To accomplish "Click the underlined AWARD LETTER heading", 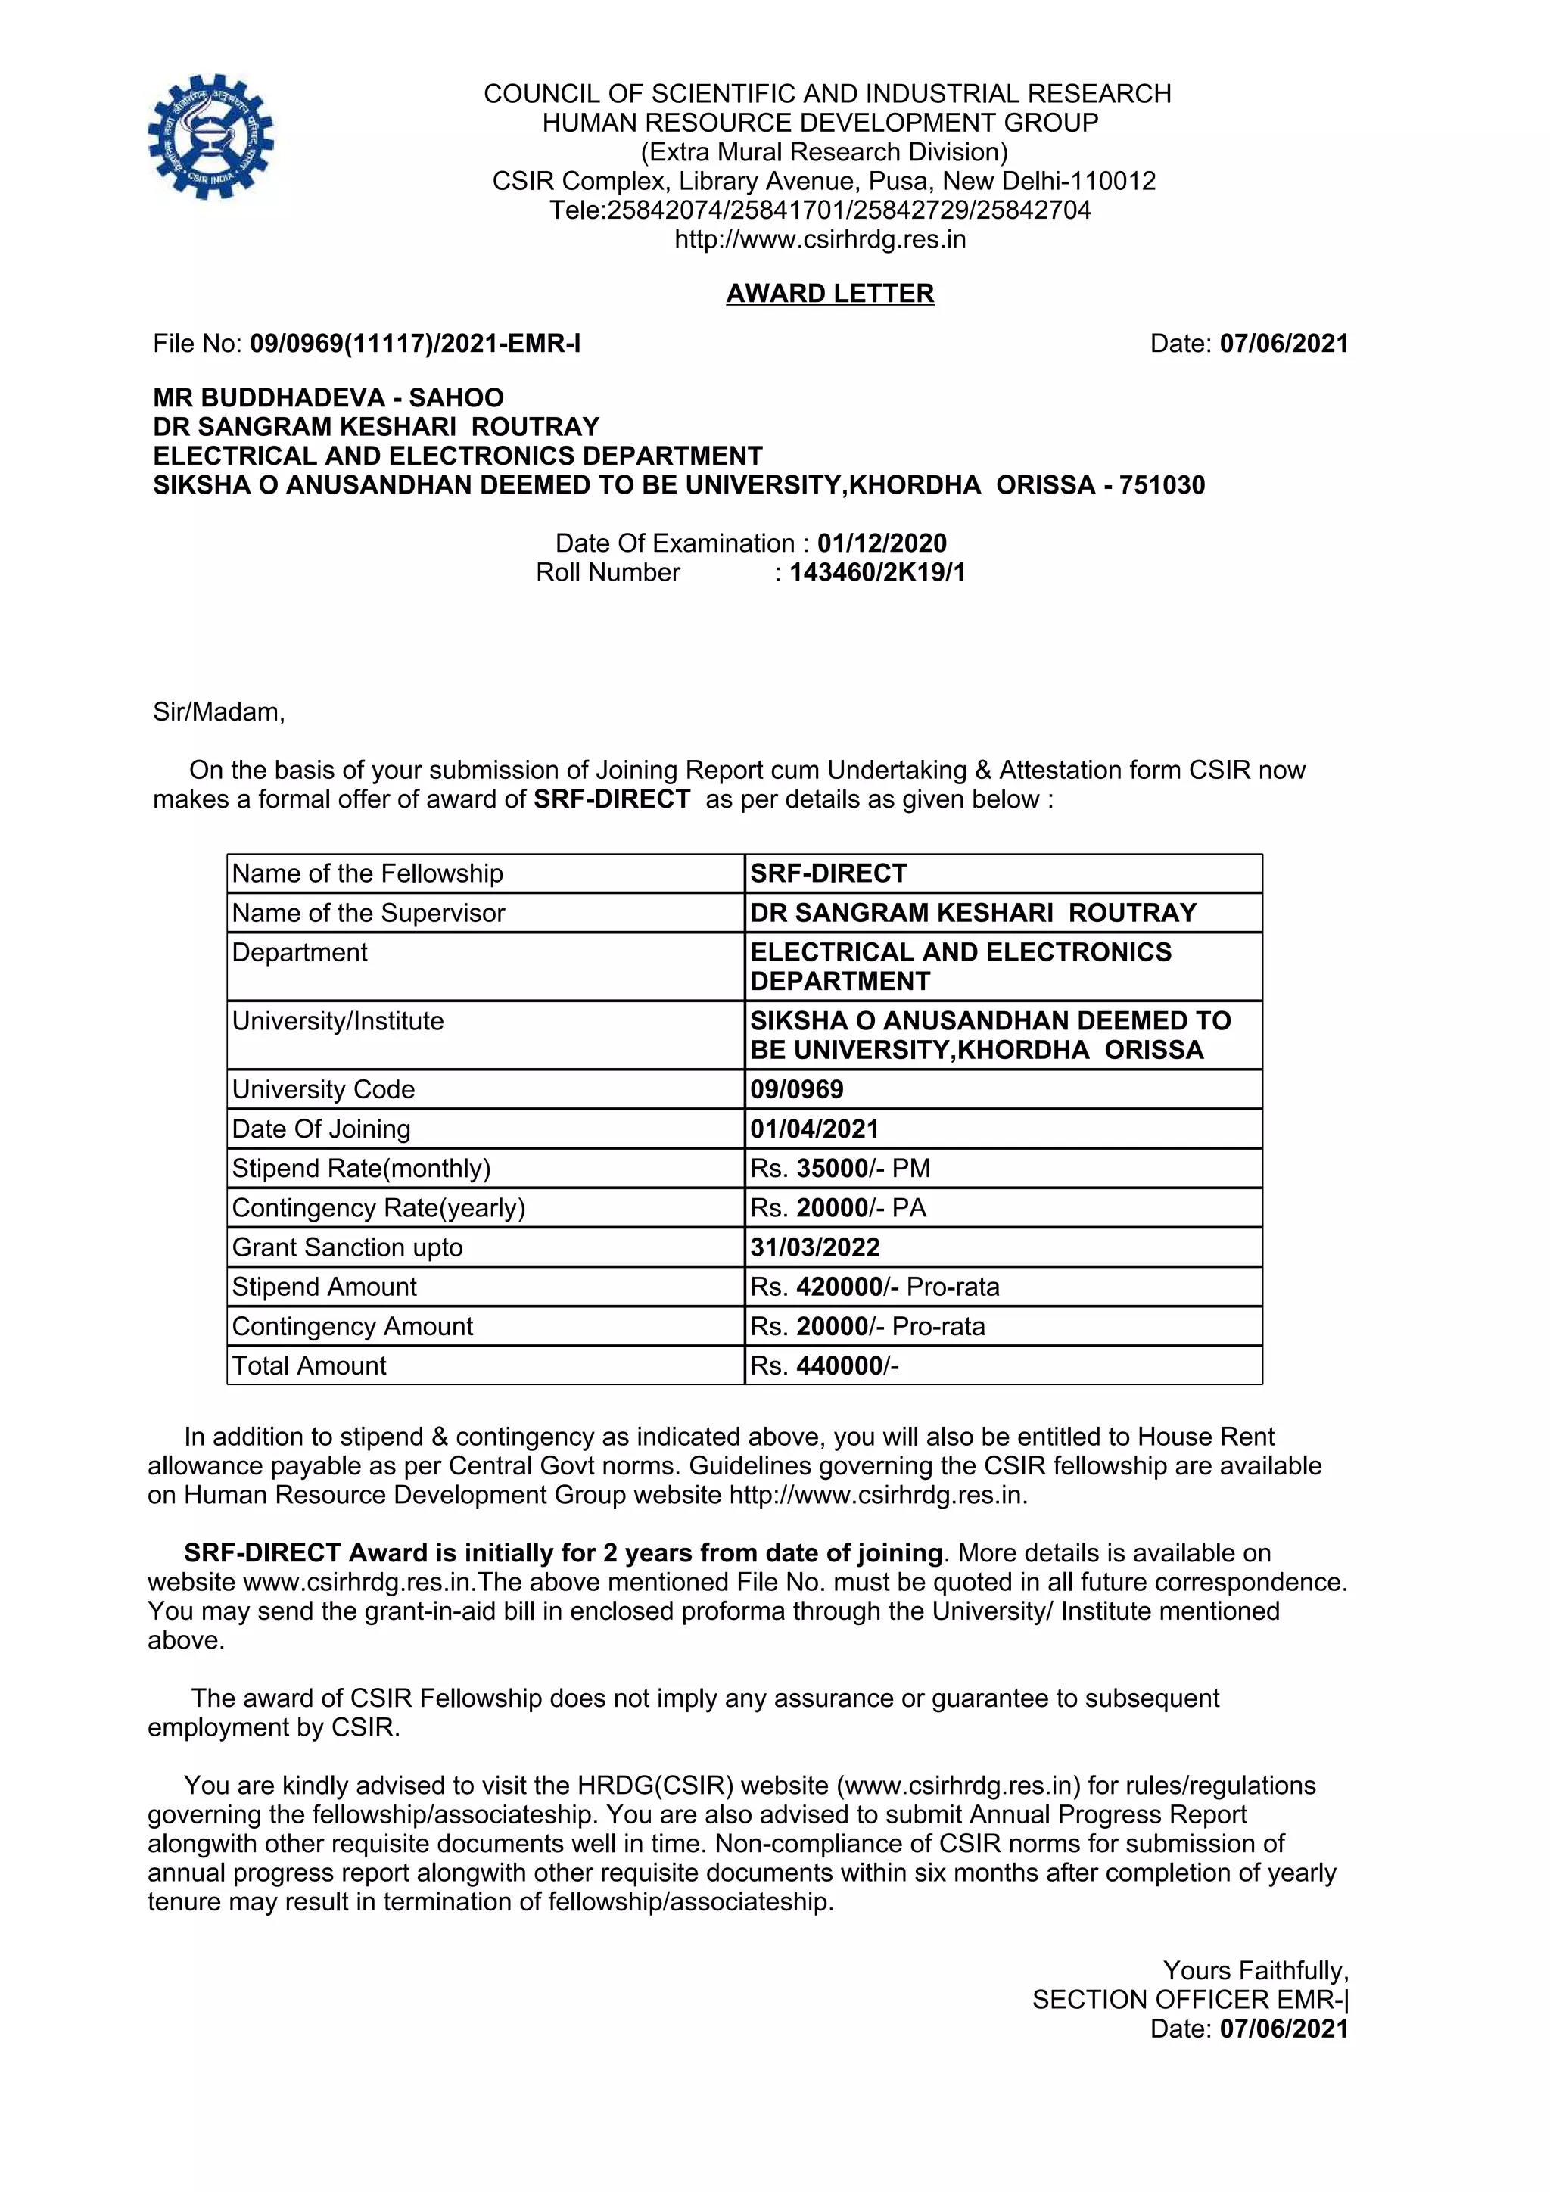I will [x=829, y=293].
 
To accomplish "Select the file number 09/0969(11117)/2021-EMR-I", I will [x=416, y=344].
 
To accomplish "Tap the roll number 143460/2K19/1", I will [x=877, y=573].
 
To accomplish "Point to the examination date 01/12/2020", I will [x=882, y=543].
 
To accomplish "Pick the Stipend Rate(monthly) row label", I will [x=361, y=1169].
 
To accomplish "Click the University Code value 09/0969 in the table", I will [x=797, y=1089].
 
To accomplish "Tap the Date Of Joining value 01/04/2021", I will [x=814, y=1129].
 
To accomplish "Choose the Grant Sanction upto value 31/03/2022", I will [x=815, y=1248].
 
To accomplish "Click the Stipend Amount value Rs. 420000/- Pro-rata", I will [x=874, y=1287].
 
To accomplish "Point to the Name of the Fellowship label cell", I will [x=368, y=873].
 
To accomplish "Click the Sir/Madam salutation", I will [x=219, y=712].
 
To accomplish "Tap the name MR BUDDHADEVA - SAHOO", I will [x=328, y=397].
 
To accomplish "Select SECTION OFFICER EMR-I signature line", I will [x=1191, y=2000].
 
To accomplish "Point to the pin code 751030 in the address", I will [x=1162, y=485].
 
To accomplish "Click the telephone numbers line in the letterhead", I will [x=820, y=210].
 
